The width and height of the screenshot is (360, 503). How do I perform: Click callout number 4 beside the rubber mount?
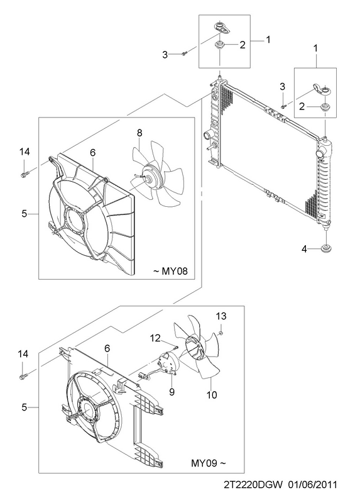tap(304, 248)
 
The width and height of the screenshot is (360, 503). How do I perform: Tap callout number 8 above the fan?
tap(139, 133)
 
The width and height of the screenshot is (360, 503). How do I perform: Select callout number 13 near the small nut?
tap(221, 316)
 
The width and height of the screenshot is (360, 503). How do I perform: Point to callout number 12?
tap(155, 338)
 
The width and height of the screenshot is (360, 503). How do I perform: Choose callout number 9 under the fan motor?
tap(172, 392)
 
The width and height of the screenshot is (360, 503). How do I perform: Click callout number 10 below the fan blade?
tap(212, 395)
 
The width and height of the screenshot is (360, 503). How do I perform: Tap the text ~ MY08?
tap(170, 271)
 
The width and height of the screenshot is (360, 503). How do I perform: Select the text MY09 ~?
tap(209, 463)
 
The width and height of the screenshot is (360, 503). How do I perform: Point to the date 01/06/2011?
tap(312, 484)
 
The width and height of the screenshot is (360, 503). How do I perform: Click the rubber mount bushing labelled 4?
tap(326, 248)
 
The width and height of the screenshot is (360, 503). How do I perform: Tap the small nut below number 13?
tap(221, 334)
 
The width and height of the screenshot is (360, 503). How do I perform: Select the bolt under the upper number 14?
tap(25, 175)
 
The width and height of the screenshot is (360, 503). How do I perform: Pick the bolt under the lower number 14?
tap(23, 375)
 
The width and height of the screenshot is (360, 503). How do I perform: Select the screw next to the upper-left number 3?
tap(184, 53)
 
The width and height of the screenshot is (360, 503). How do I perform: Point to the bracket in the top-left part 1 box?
tap(222, 27)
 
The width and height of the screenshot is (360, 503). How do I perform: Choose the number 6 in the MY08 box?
tap(92, 153)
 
